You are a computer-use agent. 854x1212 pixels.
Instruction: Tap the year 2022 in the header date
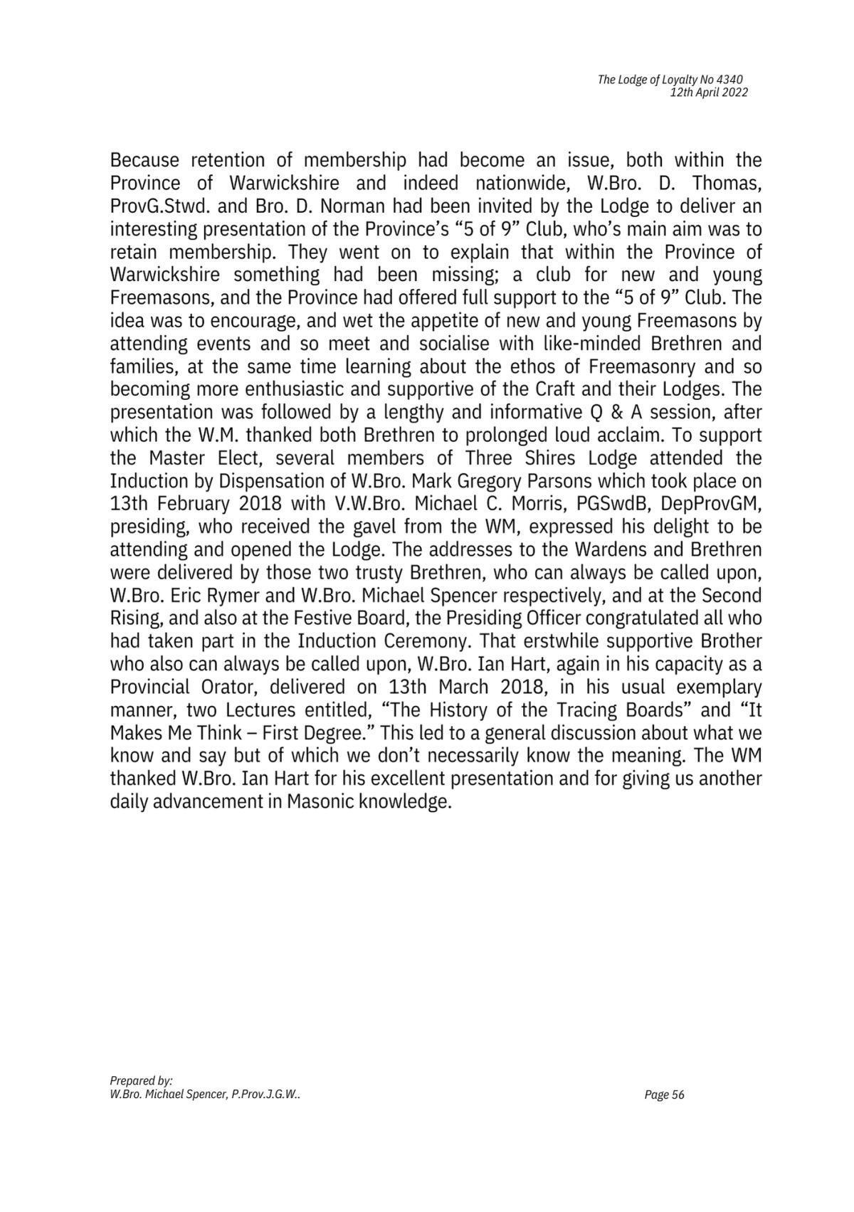click(734, 93)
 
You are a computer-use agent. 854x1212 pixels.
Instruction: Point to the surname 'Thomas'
click(728, 183)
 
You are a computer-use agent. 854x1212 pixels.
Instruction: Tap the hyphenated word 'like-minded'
click(592, 344)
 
